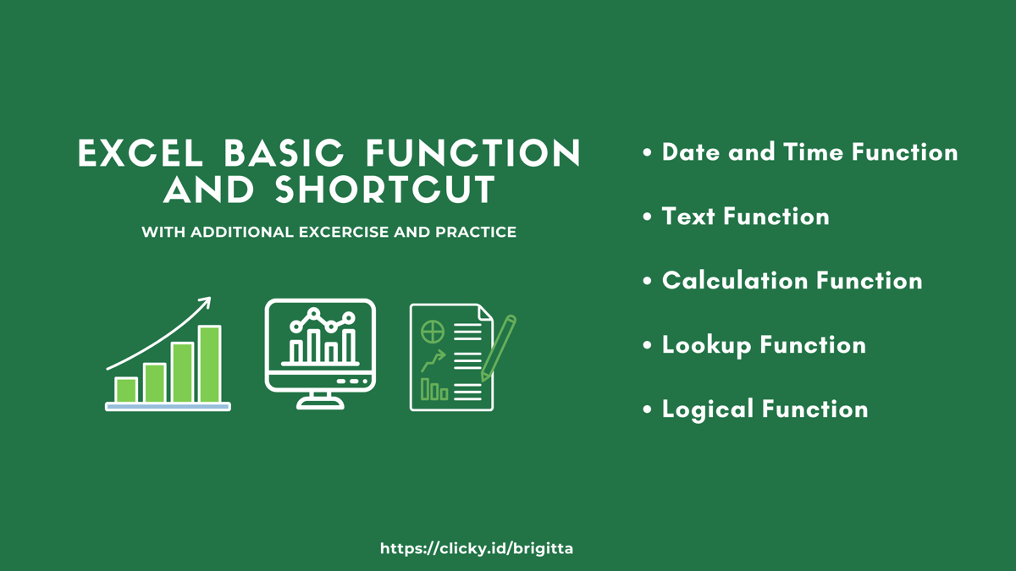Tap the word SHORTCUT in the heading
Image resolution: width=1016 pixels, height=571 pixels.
coord(385,190)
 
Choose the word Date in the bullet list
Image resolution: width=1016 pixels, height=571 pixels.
coord(690,152)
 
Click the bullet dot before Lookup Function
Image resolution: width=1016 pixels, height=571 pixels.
coord(648,345)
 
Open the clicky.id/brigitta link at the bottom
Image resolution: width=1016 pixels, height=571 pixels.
coord(477,548)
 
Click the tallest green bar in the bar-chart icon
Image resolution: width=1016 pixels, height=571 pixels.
coord(209,365)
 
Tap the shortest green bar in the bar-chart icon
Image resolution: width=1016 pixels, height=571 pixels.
coord(126,390)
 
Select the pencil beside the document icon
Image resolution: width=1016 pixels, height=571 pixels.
coord(499,347)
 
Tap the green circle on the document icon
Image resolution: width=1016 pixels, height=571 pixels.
coord(433,331)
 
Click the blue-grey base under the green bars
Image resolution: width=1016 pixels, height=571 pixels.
coord(168,407)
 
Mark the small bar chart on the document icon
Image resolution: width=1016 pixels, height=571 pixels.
coord(434,390)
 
